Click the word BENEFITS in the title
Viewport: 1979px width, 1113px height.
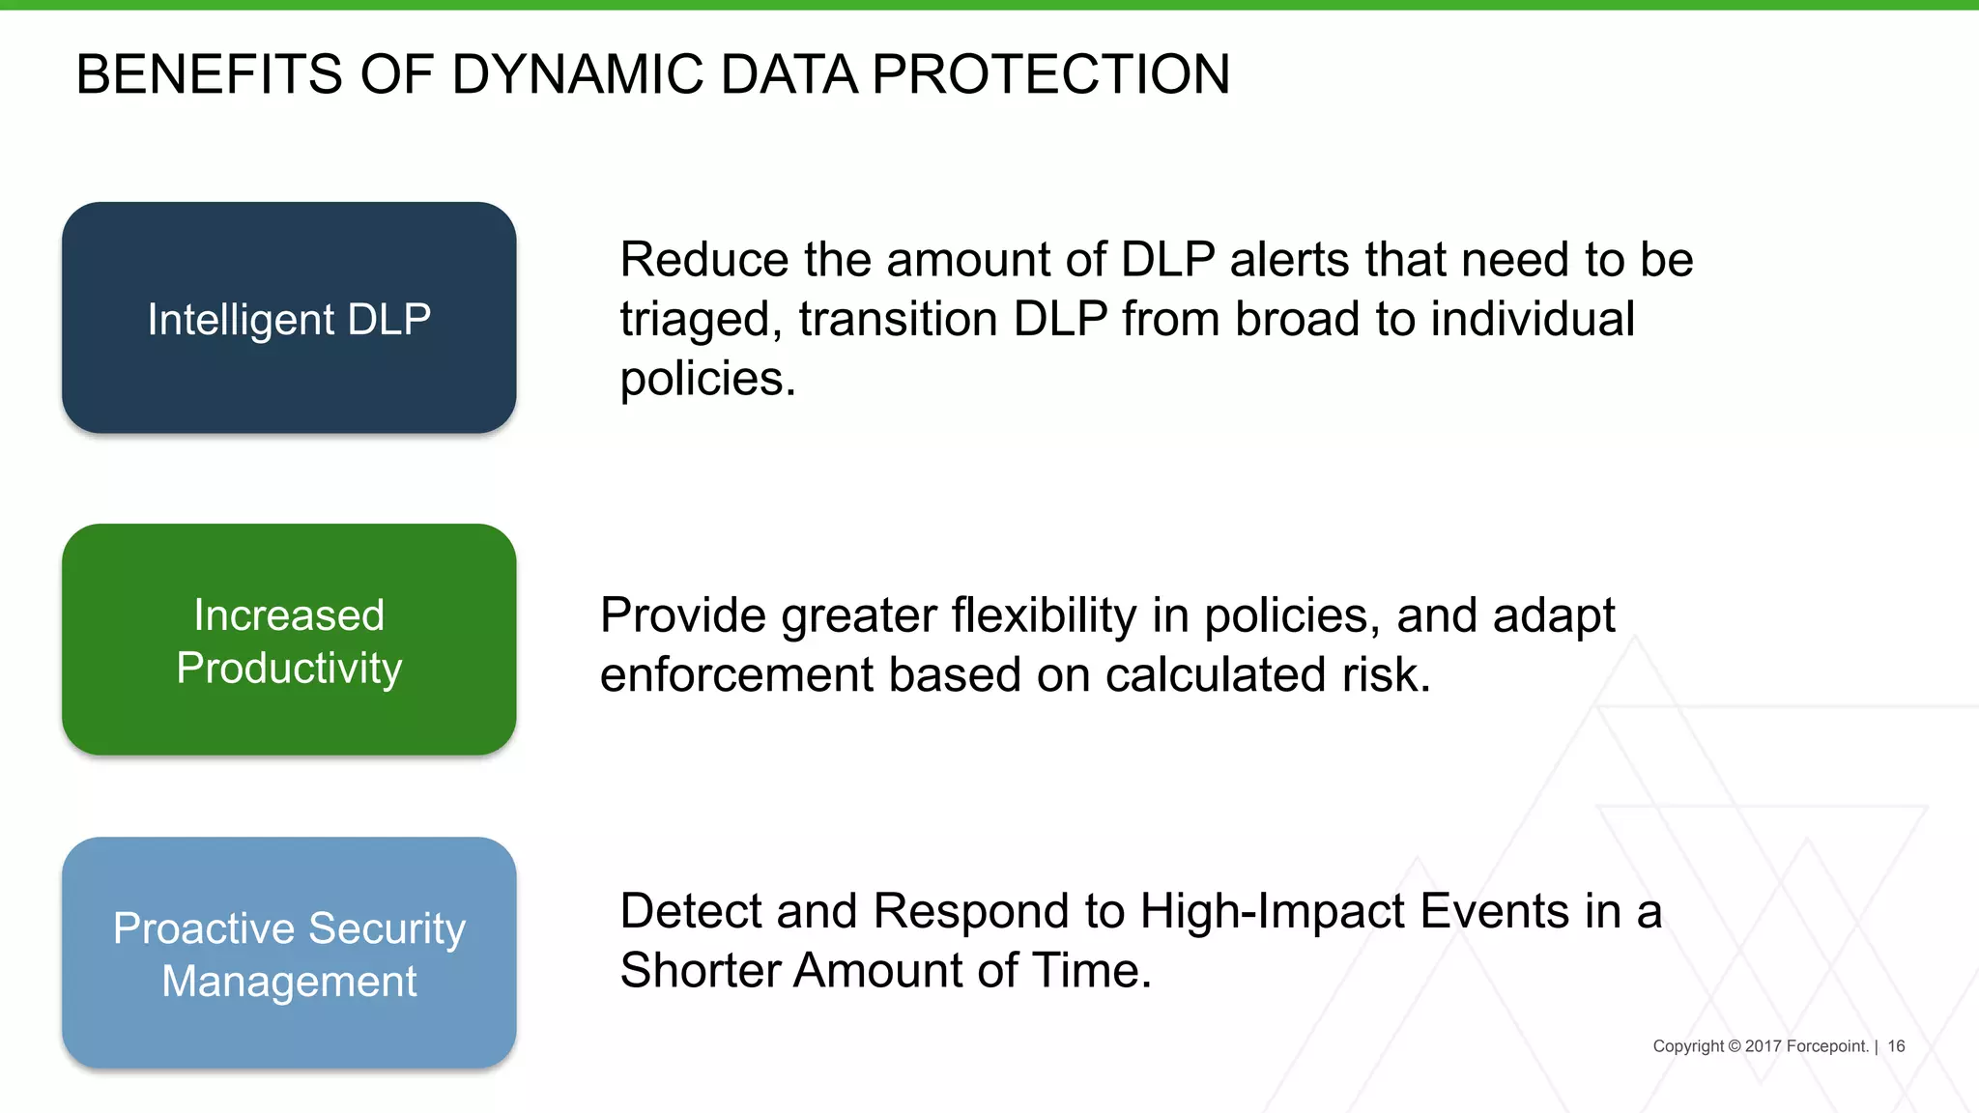coord(209,74)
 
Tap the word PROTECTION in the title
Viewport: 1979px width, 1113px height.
coord(1050,74)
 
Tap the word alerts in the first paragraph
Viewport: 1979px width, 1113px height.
coord(1289,260)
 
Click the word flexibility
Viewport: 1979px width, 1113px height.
coord(1044,615)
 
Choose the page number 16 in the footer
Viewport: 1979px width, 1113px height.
coord(1896,1046)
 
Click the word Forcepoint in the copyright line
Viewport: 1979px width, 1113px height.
coord(1826,1046)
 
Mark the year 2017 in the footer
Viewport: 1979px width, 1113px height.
coord(1763,1046)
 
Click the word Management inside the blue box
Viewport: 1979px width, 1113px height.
coord(289,982)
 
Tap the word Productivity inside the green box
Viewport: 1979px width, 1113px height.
coord(289,669)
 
